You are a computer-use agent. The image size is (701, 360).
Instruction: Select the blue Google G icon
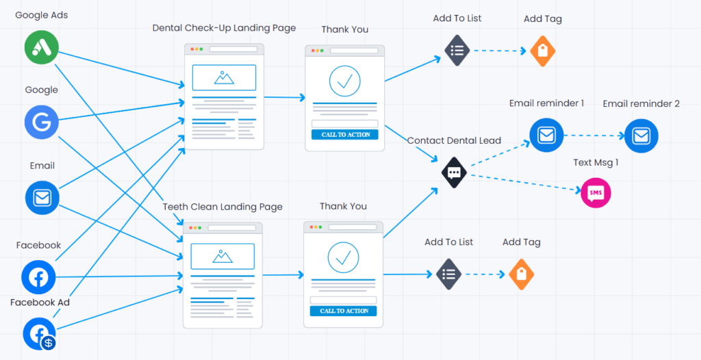point(42,122)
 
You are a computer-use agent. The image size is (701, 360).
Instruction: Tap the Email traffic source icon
point(42,198)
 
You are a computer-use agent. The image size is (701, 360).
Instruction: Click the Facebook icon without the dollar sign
point(38,277)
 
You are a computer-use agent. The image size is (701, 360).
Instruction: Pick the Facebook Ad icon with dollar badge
point(39,333)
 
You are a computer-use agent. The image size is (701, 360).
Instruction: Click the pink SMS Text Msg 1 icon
point(596,193)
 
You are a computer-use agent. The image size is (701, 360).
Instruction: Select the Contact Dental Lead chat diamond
point(454,172)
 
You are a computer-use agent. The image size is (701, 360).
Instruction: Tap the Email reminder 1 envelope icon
point(546,136)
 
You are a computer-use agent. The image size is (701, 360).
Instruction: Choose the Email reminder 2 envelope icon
point(641,136)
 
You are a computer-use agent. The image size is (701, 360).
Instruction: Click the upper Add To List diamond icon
point(457,50)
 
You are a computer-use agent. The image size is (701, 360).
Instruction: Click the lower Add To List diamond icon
point(449,274)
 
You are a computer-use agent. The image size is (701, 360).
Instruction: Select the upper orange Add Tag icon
point(542,51)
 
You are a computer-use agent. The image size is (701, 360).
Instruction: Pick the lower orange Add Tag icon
point(521,274)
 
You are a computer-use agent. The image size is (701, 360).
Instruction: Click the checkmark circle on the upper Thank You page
point(344,81)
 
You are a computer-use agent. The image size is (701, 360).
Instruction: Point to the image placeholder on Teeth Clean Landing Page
point(222,257)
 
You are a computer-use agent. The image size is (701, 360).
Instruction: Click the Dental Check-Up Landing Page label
point(224,28)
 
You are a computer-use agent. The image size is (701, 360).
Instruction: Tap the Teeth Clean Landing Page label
point(222,207)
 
